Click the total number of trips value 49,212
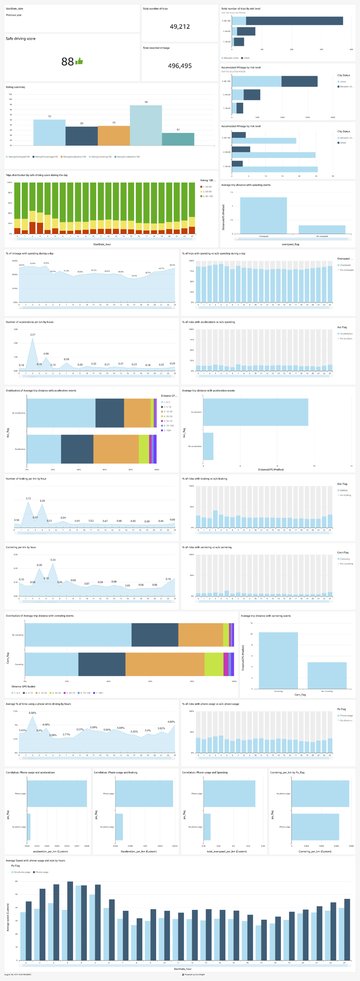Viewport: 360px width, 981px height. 180,27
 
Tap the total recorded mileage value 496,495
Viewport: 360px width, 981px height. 180,66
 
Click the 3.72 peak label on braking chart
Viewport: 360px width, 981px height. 28,498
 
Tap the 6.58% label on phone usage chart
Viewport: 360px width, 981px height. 32,713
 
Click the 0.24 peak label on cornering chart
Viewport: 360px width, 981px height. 53,560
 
